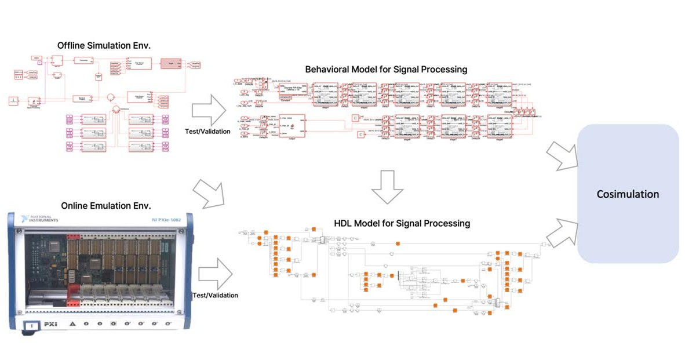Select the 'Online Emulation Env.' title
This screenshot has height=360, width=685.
97,205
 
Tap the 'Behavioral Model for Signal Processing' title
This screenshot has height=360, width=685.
386,69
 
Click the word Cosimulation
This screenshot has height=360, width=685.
628,194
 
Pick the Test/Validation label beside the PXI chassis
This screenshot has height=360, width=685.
215,295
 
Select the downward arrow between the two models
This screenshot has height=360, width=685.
387,187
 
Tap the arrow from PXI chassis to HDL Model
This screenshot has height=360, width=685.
214,271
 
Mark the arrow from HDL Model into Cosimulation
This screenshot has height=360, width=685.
562,231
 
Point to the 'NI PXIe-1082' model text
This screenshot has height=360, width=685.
168,221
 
